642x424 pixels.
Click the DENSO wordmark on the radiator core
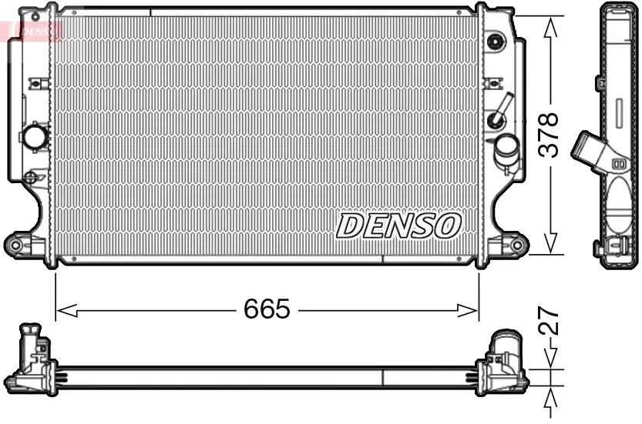[398, 225]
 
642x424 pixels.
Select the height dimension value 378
[547, 135]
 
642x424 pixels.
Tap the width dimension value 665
[267, 310]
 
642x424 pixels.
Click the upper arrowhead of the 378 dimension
[550, 27]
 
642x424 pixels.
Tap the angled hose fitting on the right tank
[500, 110]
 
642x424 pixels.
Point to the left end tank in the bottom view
[35, 362]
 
